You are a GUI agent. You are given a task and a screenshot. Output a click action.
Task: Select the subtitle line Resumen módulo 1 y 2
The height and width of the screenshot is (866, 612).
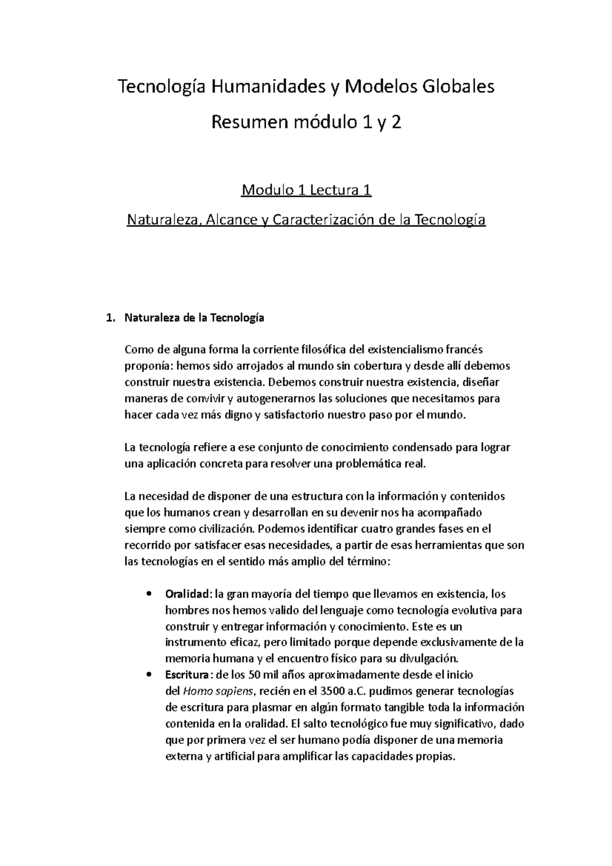306,122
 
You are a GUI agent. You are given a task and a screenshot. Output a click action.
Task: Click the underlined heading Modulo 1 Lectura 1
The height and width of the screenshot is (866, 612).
306,191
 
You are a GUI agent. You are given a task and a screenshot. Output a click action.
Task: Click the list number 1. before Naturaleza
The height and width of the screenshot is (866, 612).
109,318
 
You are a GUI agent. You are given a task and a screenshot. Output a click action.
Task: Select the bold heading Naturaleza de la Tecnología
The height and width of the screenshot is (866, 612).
194,318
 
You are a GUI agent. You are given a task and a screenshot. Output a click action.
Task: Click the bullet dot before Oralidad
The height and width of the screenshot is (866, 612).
148,594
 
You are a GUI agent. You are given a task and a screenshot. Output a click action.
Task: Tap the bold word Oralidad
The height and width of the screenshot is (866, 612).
187,594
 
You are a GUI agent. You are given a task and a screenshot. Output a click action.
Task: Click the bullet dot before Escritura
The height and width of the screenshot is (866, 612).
148,675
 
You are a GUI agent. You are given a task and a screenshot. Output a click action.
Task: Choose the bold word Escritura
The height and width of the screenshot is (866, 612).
187,675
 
